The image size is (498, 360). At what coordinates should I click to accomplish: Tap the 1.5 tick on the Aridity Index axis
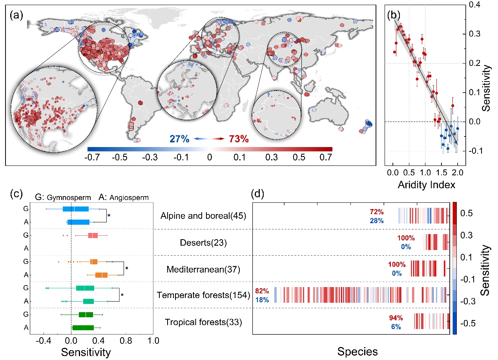tap(441, 172)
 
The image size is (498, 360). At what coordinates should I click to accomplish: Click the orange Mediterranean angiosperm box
tap(101, 275)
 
